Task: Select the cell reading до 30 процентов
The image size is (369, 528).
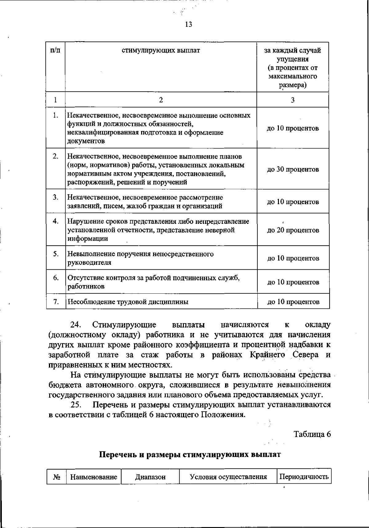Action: click(293, 169)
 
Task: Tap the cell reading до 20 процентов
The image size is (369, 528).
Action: click(293, 230)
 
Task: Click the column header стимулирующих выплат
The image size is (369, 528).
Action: click(161, 50)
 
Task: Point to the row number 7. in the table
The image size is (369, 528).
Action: click(56, 302)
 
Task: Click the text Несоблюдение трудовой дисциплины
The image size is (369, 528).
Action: click(128, 302)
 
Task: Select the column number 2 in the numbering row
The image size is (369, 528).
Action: click(161, 100)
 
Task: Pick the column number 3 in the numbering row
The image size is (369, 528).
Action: click(293, 100)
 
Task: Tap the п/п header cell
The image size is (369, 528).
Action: click(55, 50)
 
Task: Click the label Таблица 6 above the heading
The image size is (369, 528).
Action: click(312, 434)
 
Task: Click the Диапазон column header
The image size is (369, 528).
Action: click(150, 477)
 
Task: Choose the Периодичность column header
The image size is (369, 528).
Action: click(304, 477)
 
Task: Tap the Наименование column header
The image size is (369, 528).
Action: click(94, 477)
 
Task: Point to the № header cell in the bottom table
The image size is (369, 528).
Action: click(57, 477)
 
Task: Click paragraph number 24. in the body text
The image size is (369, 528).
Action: click(76, 325)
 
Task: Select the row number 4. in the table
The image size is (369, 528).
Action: click(56, 221)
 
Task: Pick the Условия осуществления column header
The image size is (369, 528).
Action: click(228, 477)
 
